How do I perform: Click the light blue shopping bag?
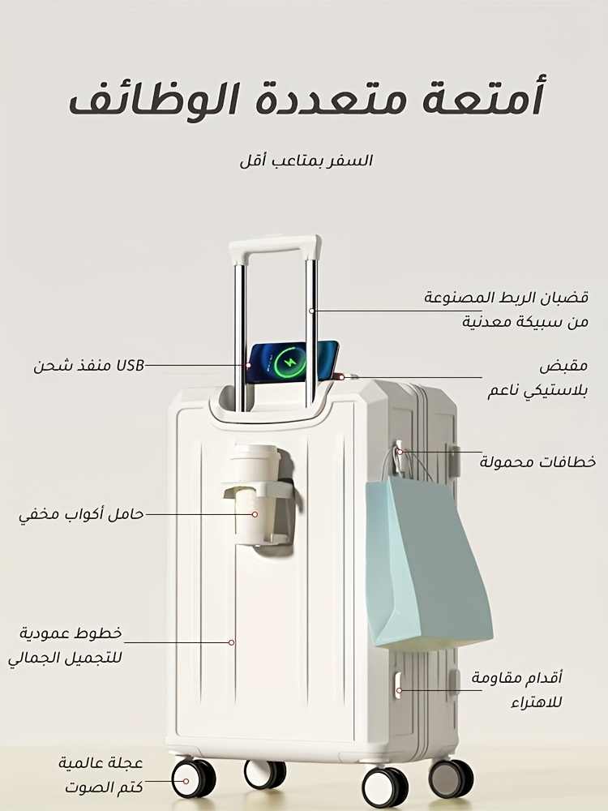pyautogui.click(x=428, y=564)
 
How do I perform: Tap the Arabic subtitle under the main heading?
pyautogui.click(x=306, y=161)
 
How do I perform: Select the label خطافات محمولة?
pyautogui.click(x=537, y=461)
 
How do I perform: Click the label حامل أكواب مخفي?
pyautogui.click(x=81, y=515)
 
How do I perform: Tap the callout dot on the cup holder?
pyautogui.click(x=255, y=514)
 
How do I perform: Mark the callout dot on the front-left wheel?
pyautogui.click(x=186, y=782)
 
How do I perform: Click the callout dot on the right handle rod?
pyautogui.click(x=312, y=311)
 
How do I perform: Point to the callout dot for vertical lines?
pyautogui.click(x=232, y=642)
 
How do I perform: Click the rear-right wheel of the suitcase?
pyautogui.click(x=450, y=778)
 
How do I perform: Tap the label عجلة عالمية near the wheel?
pyautogui.click(x=100, y=763)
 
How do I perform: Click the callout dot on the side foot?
pyautogui.click(x=399, y=690)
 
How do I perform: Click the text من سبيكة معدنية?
pyautogui.click(x=525, y=322)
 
